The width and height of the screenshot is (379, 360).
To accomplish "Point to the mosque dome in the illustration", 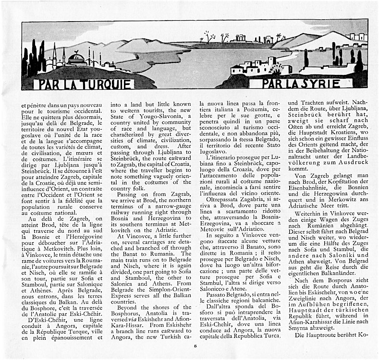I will (x=77, y=58).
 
